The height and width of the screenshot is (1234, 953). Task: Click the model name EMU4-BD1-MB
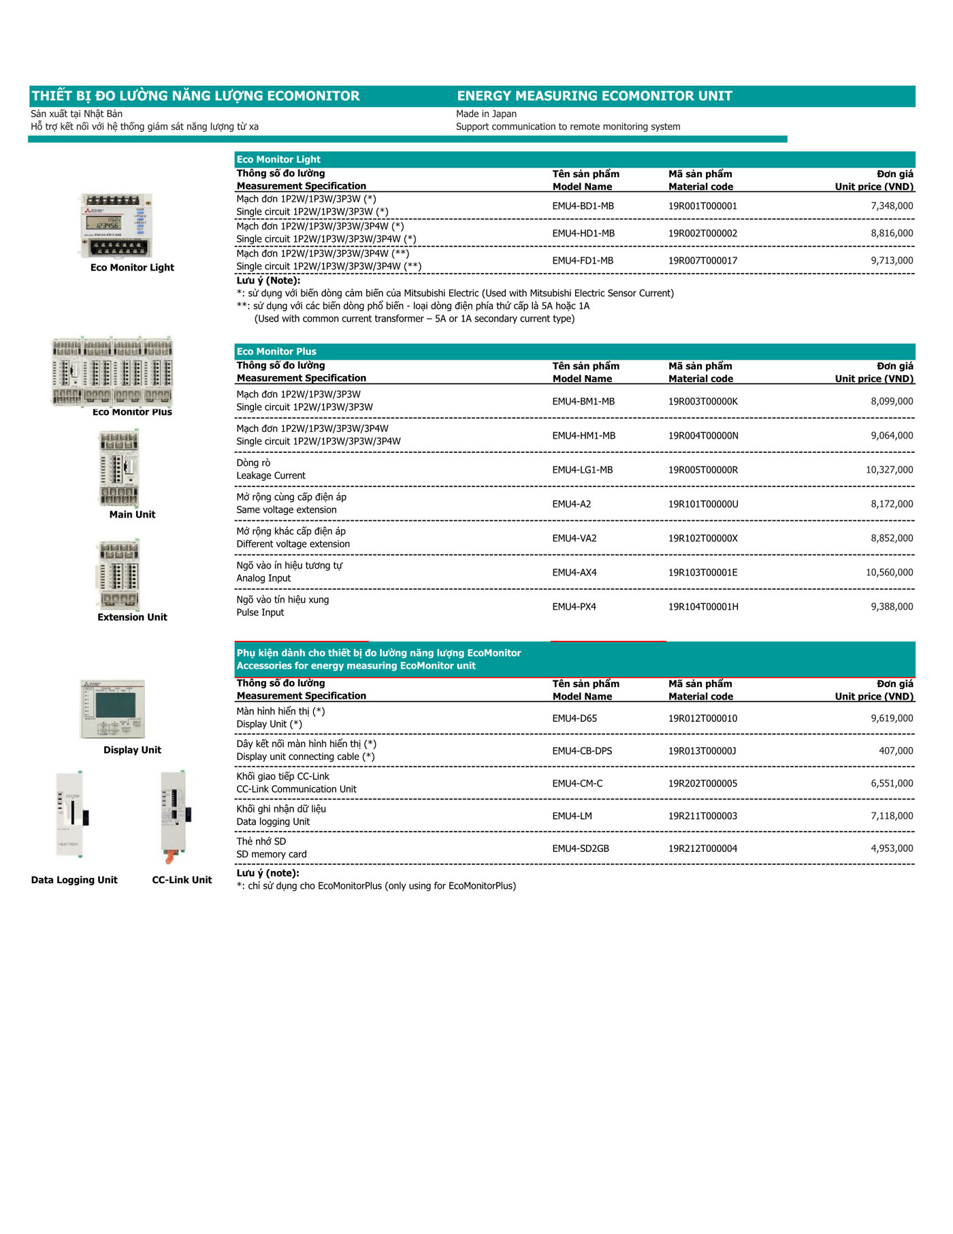(583, 206)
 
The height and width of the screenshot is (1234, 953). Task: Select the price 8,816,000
(892, 233)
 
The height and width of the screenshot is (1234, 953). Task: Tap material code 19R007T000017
(702, 260)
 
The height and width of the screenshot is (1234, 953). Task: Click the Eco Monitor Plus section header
(276, 351)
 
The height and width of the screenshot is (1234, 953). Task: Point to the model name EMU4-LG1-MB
(582, 470)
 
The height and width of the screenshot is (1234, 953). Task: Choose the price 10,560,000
(889, 572)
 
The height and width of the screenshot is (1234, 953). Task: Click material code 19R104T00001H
(703, 606)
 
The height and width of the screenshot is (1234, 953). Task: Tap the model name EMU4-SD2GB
(581, 849)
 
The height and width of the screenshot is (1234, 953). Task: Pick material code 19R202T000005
(702, 783)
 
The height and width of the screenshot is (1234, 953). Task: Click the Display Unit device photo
(113, 709)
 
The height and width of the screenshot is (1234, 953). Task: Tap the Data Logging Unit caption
(74, 880)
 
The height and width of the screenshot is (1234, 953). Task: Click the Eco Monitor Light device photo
(116, 225)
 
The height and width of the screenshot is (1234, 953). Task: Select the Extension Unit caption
(132, 617)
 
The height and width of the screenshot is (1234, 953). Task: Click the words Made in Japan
(486, 114)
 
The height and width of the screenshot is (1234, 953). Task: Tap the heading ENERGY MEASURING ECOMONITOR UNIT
(594, 96)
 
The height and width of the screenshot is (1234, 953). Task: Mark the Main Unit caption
(132, 514)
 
